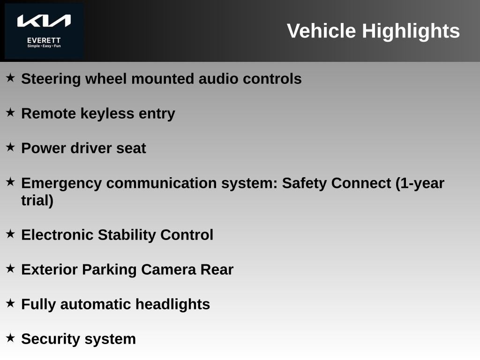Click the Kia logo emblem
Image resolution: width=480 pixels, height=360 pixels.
pos(44,21)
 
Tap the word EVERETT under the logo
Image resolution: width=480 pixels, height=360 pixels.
pos(44,40)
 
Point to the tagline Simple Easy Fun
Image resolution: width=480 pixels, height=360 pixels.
pos(44,46)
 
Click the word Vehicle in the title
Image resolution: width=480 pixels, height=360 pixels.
pos(321,30)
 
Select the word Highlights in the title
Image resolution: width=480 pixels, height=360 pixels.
pos(411,31)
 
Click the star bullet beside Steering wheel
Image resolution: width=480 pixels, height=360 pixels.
pos(10,77)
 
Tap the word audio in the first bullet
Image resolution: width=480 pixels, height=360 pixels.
pos(218,79)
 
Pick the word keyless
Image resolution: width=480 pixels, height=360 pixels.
pos(107,114)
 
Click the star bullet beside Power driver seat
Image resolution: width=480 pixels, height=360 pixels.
pos(10,147)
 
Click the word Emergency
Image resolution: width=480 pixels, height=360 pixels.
pos(61,184)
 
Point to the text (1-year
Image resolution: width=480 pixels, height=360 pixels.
pos(420,184)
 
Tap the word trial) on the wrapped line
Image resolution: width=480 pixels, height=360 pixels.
pos(37,201)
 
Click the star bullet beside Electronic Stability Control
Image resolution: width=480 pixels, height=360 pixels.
pos(10,234)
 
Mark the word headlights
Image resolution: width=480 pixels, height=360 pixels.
pos(172,305)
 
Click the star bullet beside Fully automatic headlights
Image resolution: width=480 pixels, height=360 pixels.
pos(10,303)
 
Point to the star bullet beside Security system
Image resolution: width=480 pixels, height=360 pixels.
pos(10,338)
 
